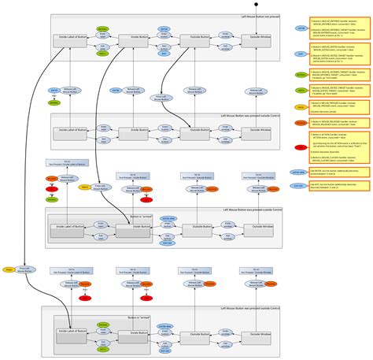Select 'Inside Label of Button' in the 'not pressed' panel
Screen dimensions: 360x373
click(x=72, y=37)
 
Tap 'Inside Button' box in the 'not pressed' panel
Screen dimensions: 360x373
click(x=138, y=37)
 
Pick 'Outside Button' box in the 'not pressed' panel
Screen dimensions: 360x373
click(x=201, y=37)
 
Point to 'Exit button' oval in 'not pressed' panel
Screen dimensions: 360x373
click(x=164, y=46)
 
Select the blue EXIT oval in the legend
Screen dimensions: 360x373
click(x=300, y=54)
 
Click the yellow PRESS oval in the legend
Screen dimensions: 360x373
click(x=300, y=106)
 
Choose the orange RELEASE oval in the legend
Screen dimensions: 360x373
click(x=300, y=123)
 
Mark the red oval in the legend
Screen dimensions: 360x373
click(x=300, y=147)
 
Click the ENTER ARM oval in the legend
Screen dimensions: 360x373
click(x=299, y=171)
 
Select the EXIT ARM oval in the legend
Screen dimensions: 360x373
click(x=299, y=186)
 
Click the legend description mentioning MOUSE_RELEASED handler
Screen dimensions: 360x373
click(x=336, y=122)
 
